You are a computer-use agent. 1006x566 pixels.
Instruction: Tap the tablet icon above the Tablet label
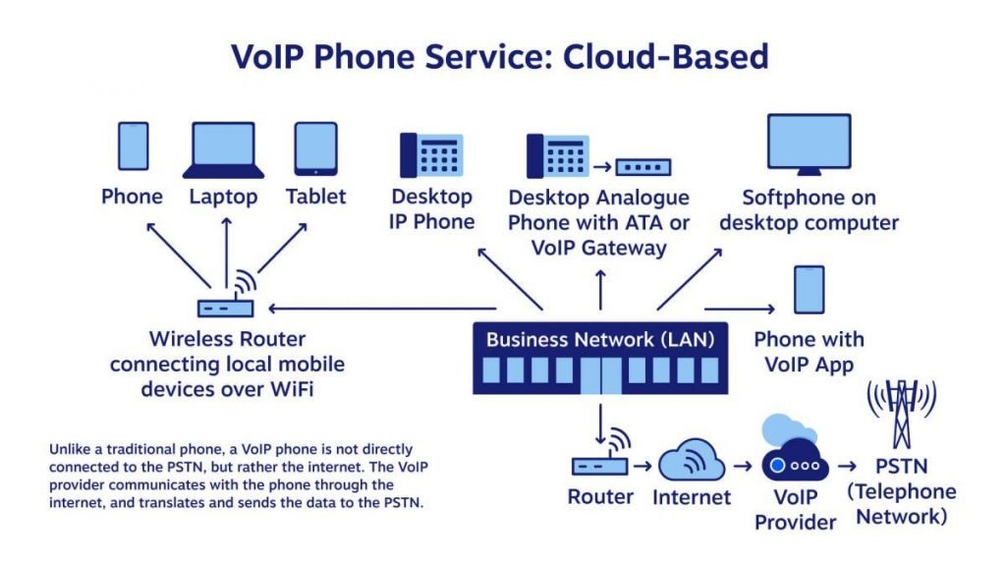(x=315, y=148)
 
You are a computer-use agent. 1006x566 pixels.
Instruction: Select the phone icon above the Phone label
(x=133, y=145)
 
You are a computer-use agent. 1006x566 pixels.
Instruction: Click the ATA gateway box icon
(x=643, y=167)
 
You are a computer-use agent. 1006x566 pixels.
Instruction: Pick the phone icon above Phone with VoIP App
(x=809, y=290)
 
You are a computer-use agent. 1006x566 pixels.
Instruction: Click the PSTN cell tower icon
(x=900, y=413)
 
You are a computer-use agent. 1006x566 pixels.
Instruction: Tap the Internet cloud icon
(x=692, y=459)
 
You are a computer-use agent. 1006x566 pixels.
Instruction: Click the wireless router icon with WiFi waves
(x=225, y=299)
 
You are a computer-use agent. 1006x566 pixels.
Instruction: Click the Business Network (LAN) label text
(x=600, y=340)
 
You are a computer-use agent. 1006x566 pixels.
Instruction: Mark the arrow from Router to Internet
(x=641, y=463)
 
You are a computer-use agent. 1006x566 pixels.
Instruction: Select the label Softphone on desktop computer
(x=809, y=210)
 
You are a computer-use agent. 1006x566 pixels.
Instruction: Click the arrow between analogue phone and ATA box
(x=600, y=167)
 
